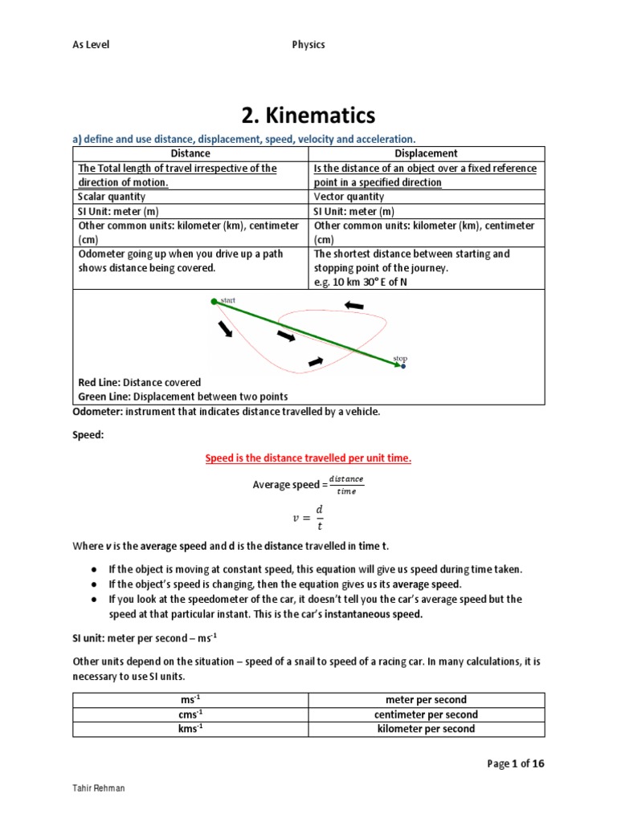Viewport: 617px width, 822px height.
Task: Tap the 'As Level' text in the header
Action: [x=91, y=45]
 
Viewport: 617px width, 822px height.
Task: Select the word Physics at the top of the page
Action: [x=308, y=45]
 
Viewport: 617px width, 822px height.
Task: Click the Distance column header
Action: [x=191, y=153]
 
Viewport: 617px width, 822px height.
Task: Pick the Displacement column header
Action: [x=427, y=153]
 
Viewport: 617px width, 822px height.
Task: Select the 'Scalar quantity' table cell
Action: [x=108, y=197]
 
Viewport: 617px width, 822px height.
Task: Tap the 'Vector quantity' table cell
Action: [x=349, y=197]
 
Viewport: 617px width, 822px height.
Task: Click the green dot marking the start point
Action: [x=214, y=301]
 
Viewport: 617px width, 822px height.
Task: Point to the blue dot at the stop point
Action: [x=403, y=366]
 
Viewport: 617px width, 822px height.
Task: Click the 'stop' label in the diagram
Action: [x=400, y=358]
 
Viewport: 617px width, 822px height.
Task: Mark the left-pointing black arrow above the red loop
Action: [x=353, y=305]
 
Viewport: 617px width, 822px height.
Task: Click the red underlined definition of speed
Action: [x=308, y=458]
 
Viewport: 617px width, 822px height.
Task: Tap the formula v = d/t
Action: [x=308, y=519]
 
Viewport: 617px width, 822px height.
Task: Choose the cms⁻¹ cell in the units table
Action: [x=191, y=714]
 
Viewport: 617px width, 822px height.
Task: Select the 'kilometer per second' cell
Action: [x=427, y=729]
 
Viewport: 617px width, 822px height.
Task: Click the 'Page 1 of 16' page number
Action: [x=516, y=763]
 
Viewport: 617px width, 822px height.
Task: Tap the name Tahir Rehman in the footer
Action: [x=99, y=788]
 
